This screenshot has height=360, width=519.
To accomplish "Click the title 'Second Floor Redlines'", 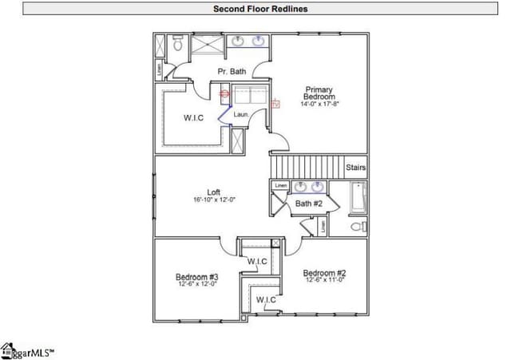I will (x=259, y=10).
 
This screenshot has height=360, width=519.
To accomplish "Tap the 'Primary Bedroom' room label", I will (x=318, y=93).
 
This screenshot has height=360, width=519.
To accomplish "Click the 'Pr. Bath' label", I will (x=232, y=72).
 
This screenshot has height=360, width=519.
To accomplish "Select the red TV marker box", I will (x=276, y=104).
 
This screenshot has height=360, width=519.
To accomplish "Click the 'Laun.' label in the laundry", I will (x=241, y=114).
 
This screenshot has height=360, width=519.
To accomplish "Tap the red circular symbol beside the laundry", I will (x=224, y=93).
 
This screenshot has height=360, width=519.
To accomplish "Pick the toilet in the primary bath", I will (x=176, y=45).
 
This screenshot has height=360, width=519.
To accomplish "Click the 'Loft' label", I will (x=213, y=192).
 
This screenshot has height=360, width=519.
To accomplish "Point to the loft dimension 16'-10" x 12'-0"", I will (x=214, y=200).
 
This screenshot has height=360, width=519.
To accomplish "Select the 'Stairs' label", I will (x=356, y=168).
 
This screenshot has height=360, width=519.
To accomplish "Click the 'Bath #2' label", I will (x=308, y=204).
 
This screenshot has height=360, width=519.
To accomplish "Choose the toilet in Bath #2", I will (x=358, y=227).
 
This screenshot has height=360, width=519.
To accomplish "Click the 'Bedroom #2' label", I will (x=325, y=273).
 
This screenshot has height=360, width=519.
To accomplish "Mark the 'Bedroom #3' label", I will (x=197, y=277).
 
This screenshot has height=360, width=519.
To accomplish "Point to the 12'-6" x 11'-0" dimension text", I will (x=324, y=281).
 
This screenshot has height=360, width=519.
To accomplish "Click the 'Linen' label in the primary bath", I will (x=159, y=70).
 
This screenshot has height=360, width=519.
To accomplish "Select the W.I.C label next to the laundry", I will (x=194, y=118).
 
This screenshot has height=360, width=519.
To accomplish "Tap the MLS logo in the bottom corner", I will (x=27, y=350).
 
